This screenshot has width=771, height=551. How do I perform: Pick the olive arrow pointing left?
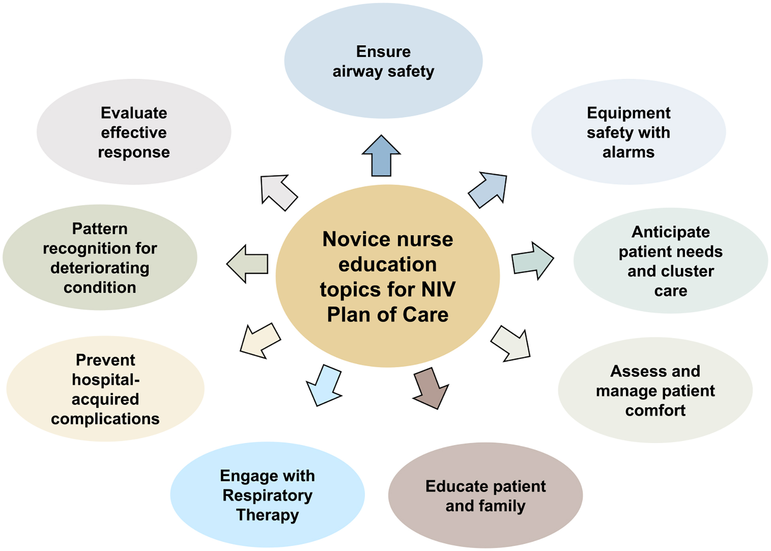tap(248, 264)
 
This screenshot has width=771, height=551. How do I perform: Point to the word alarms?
tap(628, 152)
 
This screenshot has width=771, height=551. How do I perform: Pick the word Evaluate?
tap(134, 113)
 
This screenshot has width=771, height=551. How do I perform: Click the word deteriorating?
tap(100, 268)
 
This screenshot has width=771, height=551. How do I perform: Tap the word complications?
tap(105, 419)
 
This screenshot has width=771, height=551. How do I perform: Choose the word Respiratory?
tap(267, 496)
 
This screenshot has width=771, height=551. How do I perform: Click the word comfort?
tap(655, 411)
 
